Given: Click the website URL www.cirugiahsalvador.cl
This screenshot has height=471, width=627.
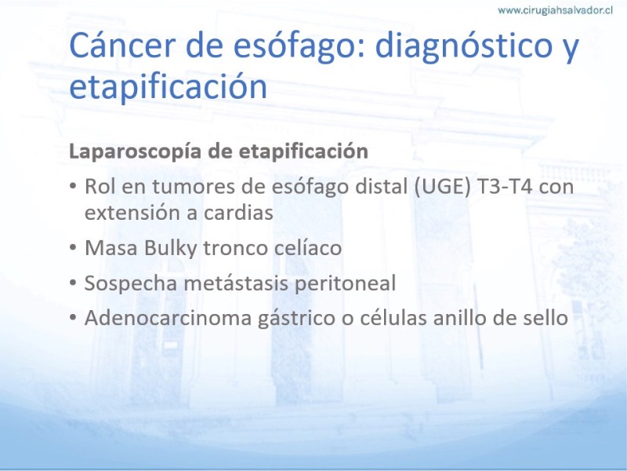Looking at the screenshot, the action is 555,10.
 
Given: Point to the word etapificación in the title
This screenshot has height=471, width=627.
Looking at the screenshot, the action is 168,87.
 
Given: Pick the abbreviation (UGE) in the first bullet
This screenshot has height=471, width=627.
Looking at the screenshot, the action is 442,187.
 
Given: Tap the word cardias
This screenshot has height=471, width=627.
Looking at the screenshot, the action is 239,213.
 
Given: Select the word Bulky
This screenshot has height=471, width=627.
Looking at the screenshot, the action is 170,249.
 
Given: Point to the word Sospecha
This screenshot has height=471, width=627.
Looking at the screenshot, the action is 131,284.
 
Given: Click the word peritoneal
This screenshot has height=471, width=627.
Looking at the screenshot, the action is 345,284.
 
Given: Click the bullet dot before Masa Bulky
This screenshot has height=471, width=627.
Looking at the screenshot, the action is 72,248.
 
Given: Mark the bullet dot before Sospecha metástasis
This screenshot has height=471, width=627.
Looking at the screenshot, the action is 72,283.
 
